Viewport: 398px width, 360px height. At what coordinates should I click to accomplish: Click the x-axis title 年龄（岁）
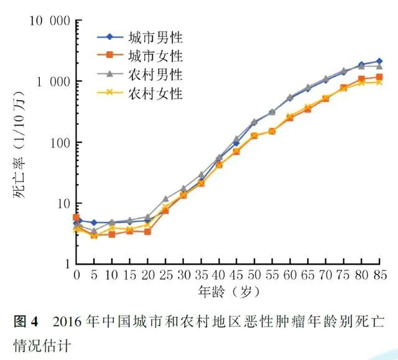(228, 291)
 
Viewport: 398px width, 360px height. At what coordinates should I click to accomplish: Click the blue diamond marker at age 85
(379, 62)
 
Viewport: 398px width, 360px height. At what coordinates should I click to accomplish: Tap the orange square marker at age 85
(379, 77)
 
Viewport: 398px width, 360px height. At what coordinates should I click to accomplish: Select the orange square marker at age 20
(147, 231)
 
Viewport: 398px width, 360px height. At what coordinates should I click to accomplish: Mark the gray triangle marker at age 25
(165, 200)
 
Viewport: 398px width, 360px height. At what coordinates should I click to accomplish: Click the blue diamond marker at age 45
(236, 143)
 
